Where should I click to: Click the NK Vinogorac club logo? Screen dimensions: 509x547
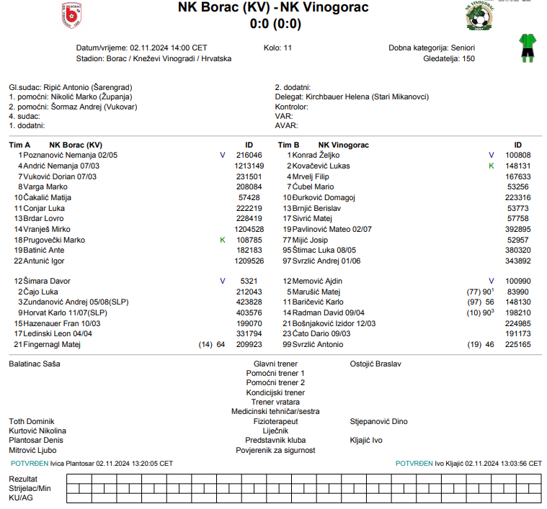coord(479,15)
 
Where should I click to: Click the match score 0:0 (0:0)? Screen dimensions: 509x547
coord(275,24)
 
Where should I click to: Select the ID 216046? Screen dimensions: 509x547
coord(249,155)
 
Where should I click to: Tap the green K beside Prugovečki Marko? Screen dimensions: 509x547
coord(222,240)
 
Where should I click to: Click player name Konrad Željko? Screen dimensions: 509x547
coord(315,155)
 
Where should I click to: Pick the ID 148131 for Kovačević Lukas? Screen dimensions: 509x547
coord(517,166)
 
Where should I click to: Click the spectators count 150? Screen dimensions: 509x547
coord(468,58)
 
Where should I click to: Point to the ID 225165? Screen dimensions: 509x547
coord(517,345)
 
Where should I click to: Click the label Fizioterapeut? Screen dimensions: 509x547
coord(275,421)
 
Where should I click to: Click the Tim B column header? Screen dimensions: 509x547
coord(288,145)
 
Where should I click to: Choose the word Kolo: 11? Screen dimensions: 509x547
coord(278,48)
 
